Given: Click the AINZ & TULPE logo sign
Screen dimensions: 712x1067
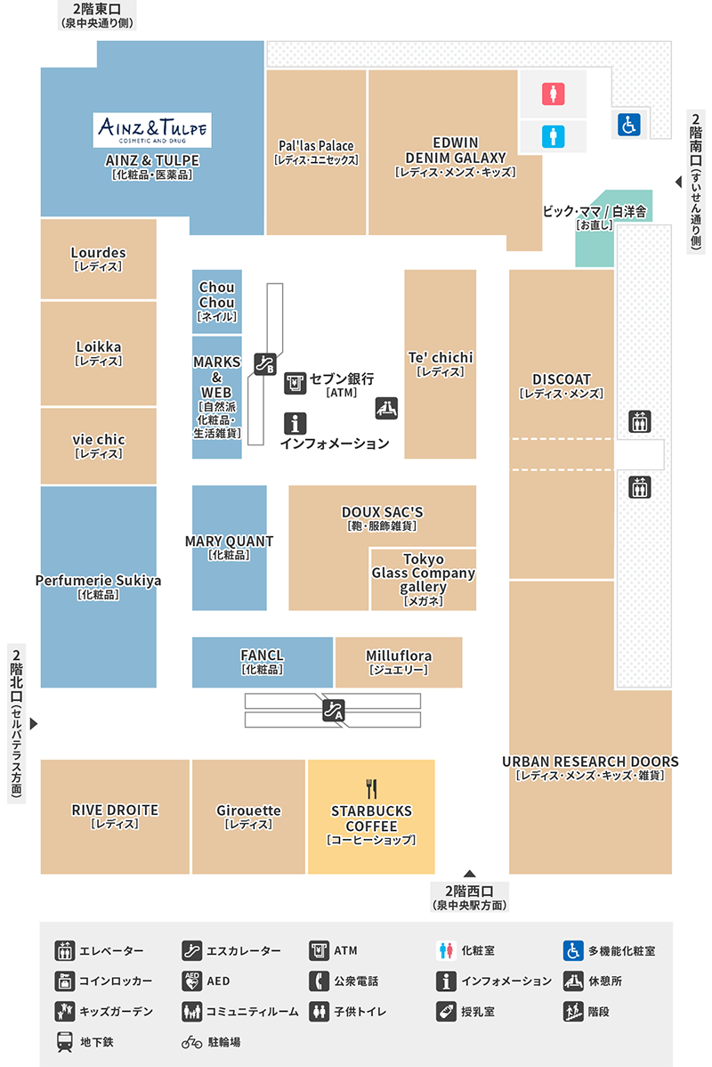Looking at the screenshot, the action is [x=152, y=130].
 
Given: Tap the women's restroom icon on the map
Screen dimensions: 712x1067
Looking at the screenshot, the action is [x=553, y=94].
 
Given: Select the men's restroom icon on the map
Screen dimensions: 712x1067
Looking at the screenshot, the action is [x=553, y=137].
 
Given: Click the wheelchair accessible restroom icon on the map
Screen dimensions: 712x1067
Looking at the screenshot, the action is [x=629, y=125].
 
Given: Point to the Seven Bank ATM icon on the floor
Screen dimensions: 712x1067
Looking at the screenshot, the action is [x=295, y=383].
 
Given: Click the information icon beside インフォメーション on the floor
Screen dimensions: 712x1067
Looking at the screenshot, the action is [x=295, y=423].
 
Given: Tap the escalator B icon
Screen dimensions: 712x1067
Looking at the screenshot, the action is [x=265, y=364].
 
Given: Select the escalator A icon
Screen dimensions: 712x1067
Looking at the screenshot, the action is [x=333, y=711].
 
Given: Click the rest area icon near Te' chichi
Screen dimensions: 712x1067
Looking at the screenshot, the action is [x=386, y=408].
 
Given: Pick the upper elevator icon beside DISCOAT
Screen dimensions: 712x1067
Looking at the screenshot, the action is [x=639, y=421].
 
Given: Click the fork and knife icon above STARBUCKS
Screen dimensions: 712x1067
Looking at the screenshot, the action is [x=371, y=789].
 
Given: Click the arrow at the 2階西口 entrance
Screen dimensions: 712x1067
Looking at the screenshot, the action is [x=469, y=874].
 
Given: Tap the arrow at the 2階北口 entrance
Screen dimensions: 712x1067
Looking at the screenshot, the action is [x=33, y=723].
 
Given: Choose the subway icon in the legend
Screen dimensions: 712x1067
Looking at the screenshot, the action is [x=65, y=1042].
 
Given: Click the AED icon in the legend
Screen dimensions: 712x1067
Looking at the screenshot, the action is [x=191, y=981].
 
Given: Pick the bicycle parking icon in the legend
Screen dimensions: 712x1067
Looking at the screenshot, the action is [x=191, y=1042].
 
